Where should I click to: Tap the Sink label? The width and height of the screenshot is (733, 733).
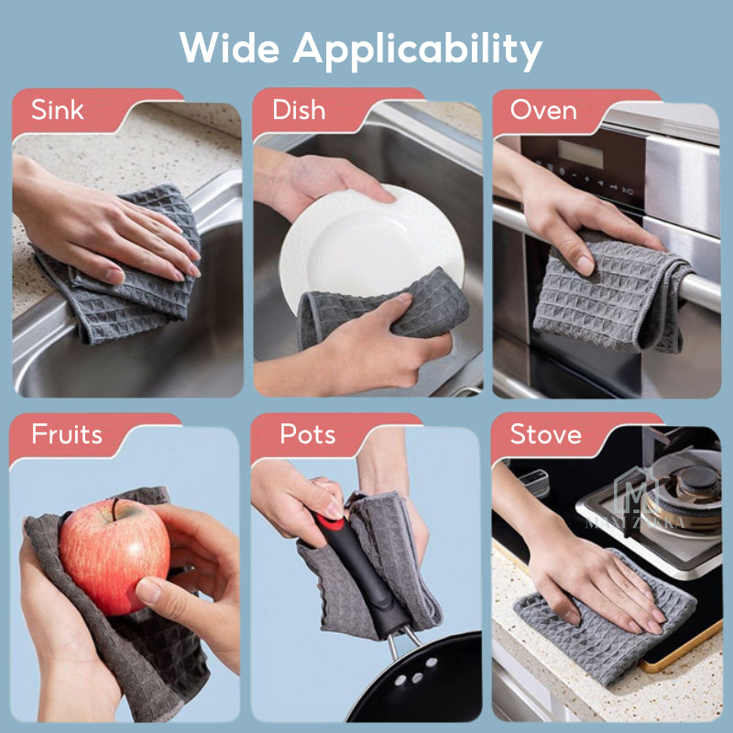(x=58, y=110)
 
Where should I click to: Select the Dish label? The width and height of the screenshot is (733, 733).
(x=299, y=110)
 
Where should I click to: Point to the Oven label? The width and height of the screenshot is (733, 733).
(x=543, y=110)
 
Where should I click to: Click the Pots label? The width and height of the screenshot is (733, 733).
(x=307, y=433)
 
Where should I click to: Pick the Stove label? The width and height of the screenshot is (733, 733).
(x=546, y=433)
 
